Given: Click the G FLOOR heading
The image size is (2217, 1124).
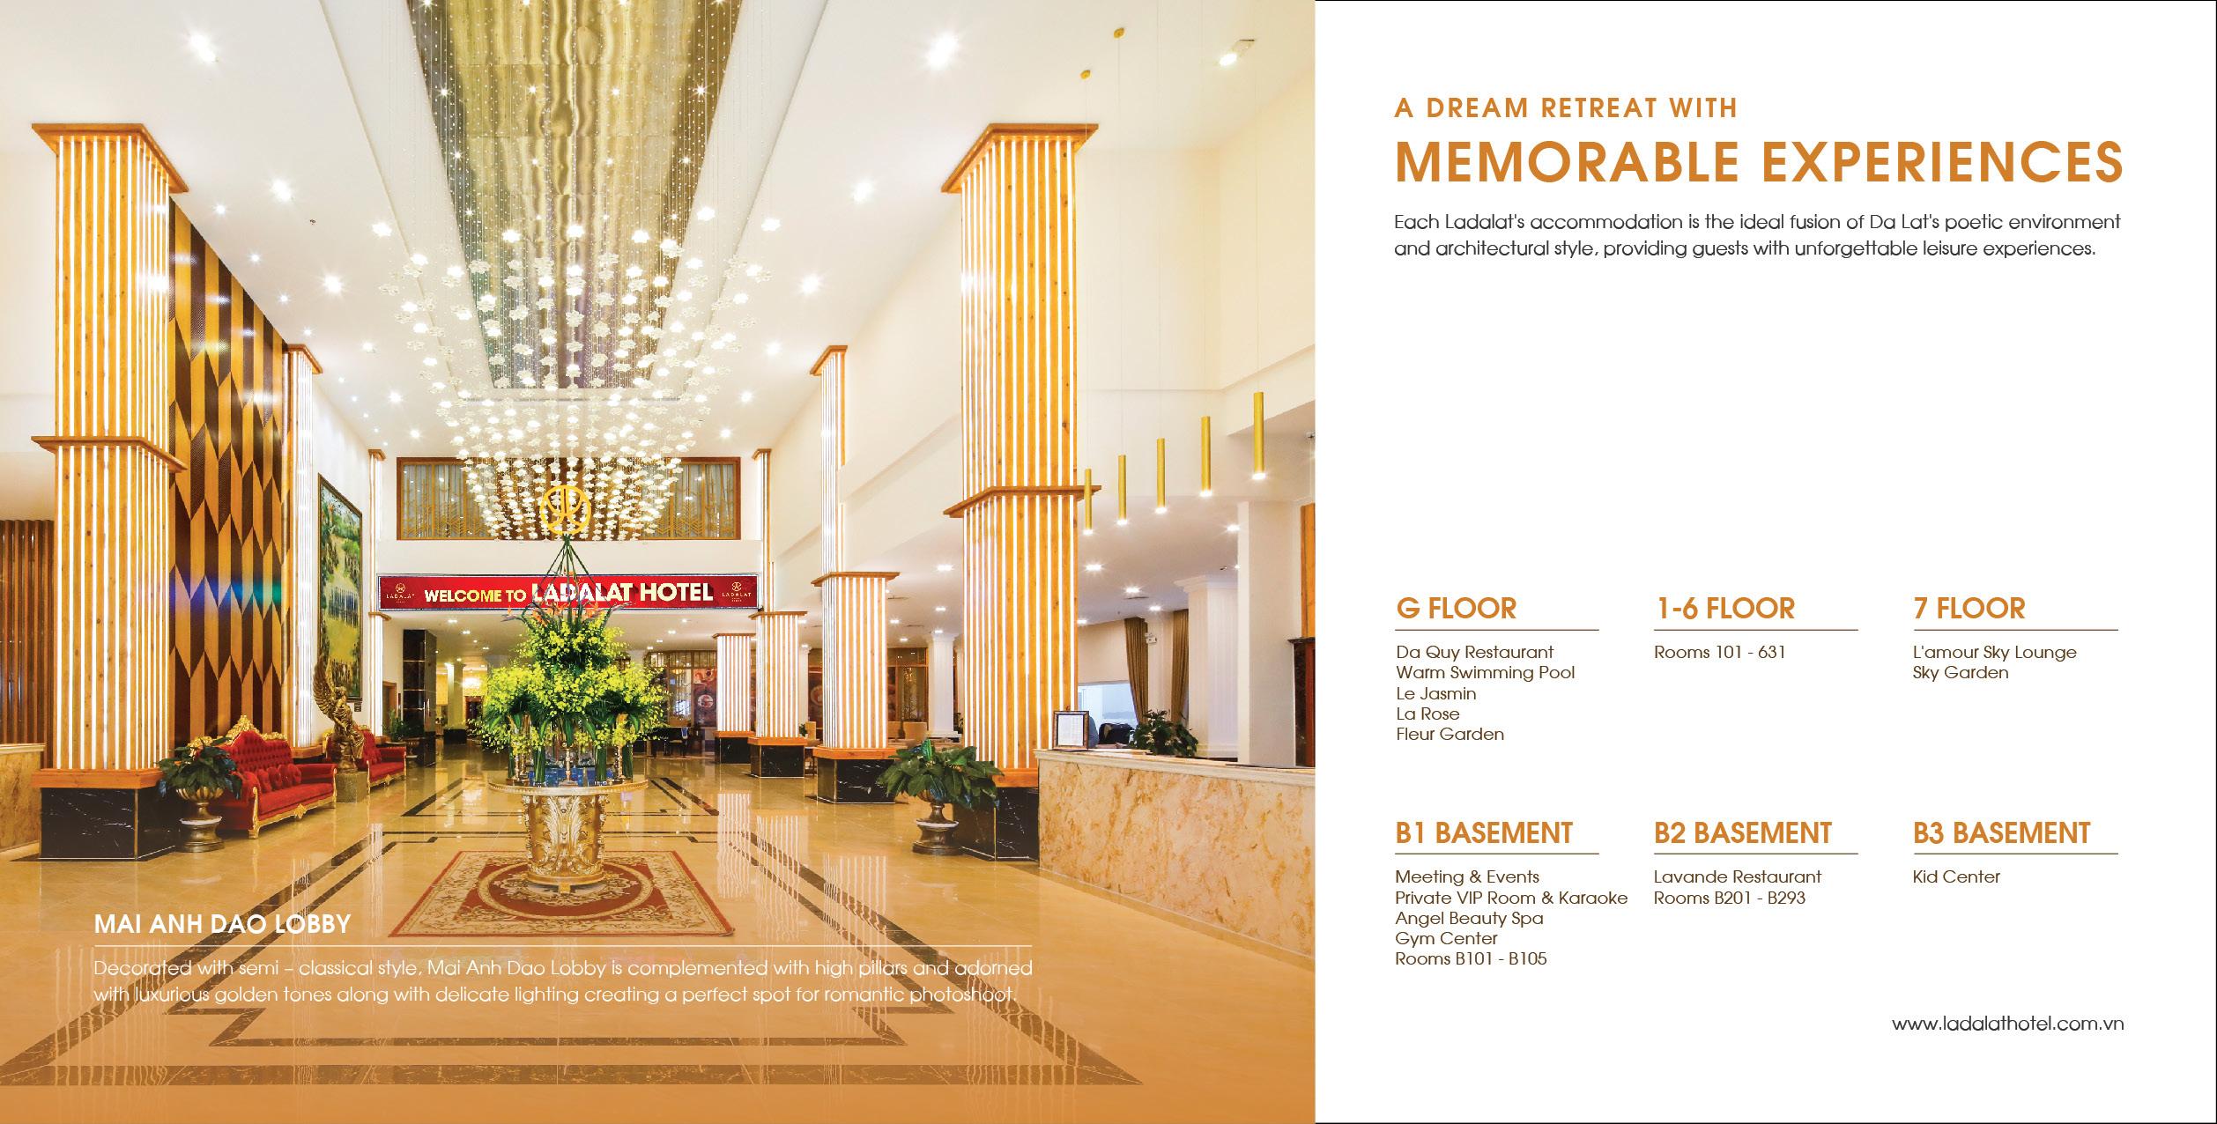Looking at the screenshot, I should [x=1456, y=609].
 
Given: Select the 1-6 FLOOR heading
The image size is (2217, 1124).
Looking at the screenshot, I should [x=1724, y=609].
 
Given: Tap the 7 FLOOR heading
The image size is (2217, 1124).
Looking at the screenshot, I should [x=1969, y=609].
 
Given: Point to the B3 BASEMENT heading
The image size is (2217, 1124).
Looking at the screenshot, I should [x=2001, y=833].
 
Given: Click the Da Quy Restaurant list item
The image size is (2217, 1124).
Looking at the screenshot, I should [x=1474, y=653].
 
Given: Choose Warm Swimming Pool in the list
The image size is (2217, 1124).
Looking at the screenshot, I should [x=1485, y=673].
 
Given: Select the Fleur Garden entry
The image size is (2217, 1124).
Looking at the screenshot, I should [x=1450, y=735].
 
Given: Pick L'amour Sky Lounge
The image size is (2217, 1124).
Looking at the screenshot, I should [x=1994, y=653].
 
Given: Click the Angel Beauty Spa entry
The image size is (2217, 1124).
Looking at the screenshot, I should [x=1469, y=918].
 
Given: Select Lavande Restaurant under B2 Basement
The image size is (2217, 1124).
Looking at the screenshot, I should [x=1737, y=877].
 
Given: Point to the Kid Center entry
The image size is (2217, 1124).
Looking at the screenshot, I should [x=1956, y=877].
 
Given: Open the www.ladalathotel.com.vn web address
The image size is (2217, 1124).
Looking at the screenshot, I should [x=2007, y=1024].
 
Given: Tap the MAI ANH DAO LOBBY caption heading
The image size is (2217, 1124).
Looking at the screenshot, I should [x=222, y=924].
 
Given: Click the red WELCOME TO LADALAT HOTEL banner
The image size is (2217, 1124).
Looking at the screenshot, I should [x=568, y=594].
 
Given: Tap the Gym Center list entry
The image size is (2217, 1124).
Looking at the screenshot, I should [x=1446, y=938].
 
